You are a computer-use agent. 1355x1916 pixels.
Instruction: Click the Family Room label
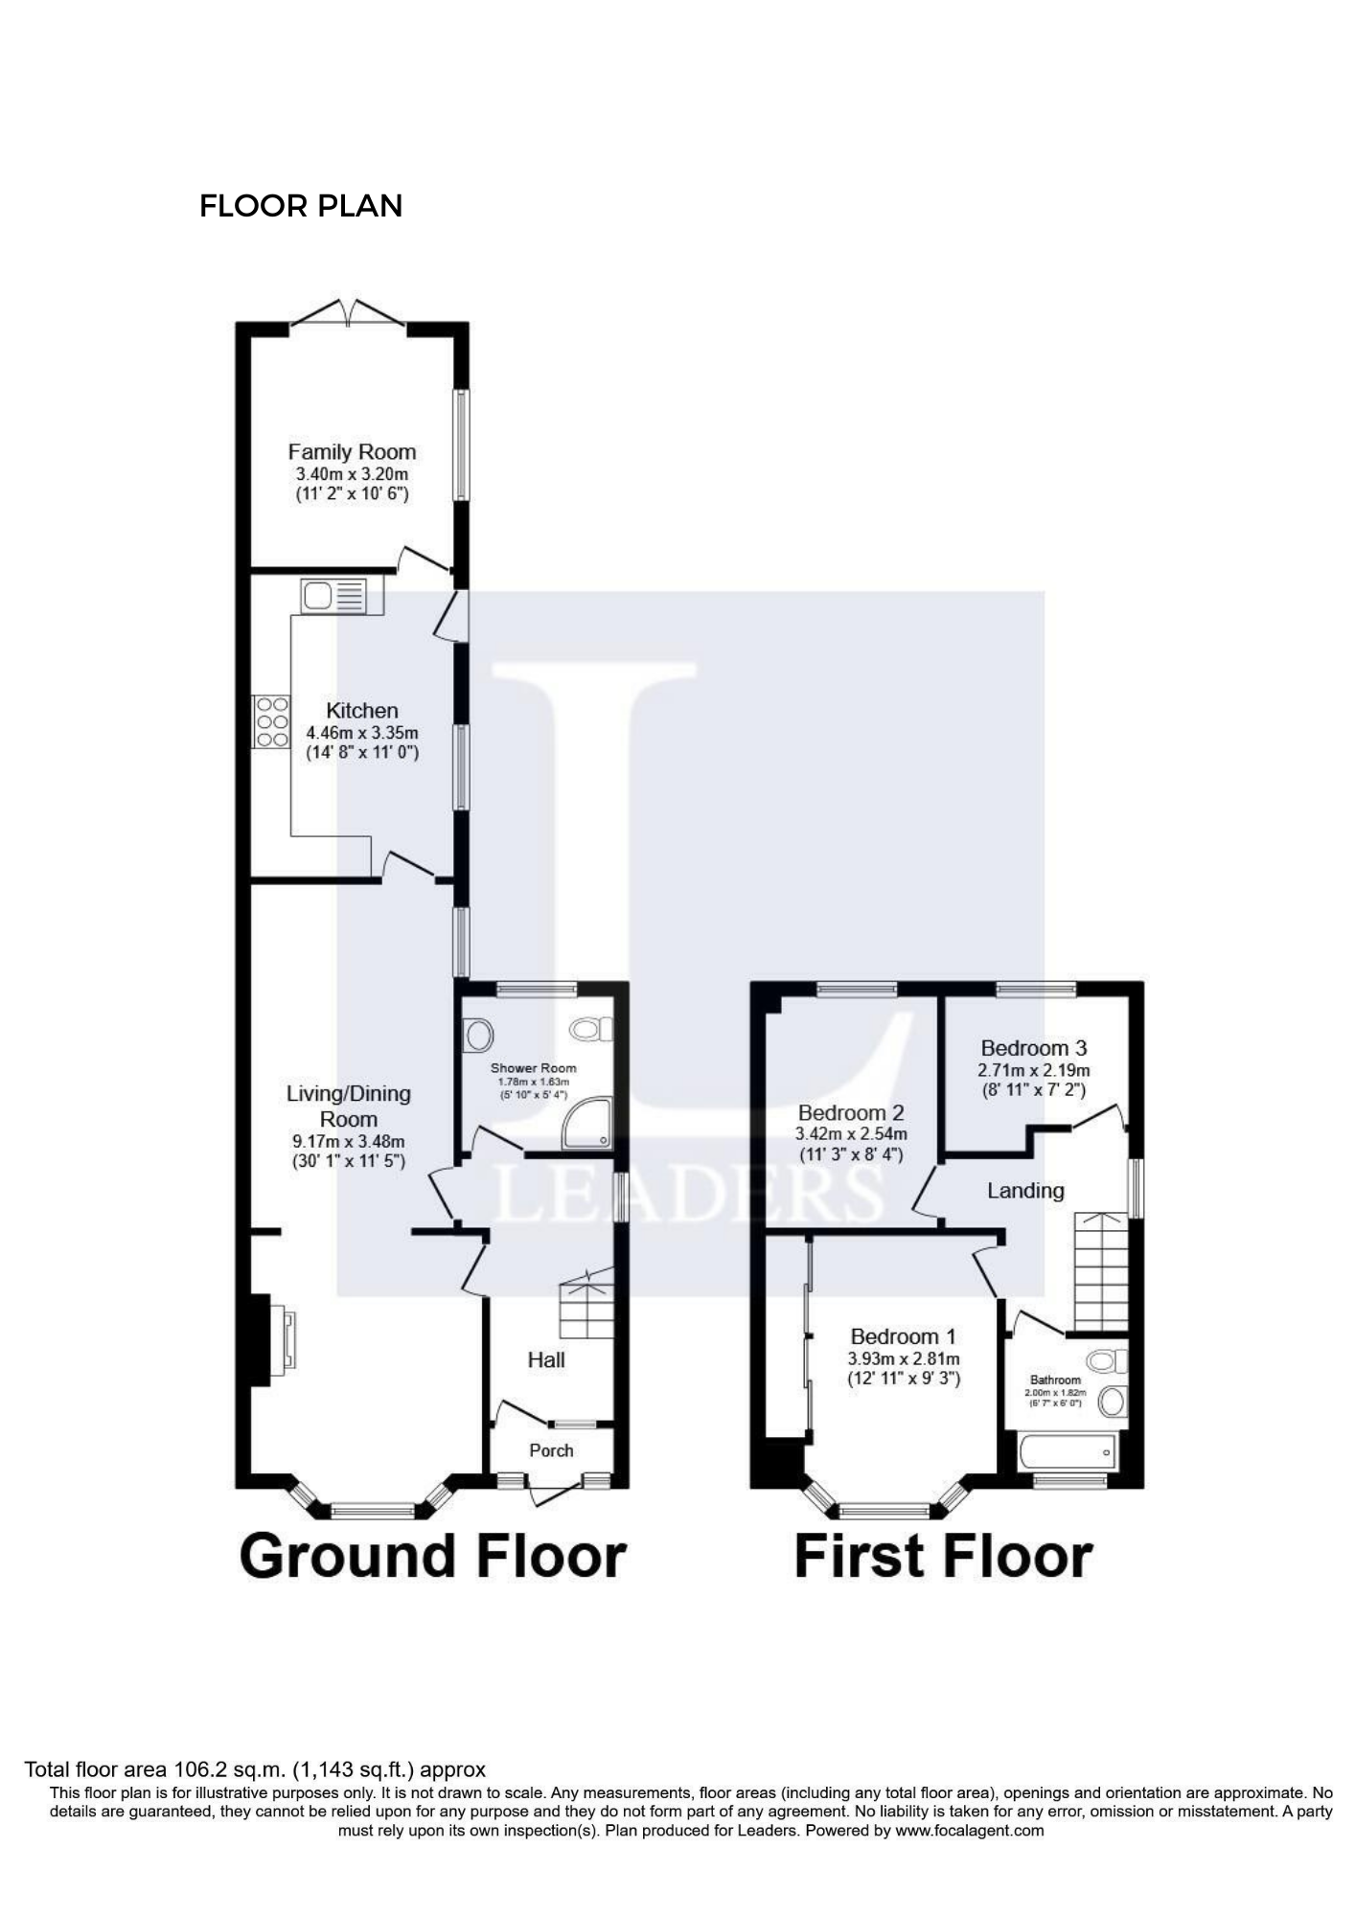(352, 452)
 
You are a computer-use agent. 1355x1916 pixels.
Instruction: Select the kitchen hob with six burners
(271, 721)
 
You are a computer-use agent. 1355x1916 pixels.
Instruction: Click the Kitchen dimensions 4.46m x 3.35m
(362, 733)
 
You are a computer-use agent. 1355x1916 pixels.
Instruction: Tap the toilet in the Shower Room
(591, 1030)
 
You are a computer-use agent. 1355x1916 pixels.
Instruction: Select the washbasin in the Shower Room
(477, 1035)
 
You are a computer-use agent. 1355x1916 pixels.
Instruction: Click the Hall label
(546, 1359)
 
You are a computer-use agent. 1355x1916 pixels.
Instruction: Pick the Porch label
(551, 1450)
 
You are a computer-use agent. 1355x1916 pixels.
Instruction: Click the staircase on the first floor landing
(1101, 1271)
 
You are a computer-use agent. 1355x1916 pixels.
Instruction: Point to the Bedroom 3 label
(1033, 1048)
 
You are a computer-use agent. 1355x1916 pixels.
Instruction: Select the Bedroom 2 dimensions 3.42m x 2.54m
(851, 1134)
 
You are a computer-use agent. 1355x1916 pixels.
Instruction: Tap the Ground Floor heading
(433, 1556)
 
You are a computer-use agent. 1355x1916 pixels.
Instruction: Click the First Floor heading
(943, 1556)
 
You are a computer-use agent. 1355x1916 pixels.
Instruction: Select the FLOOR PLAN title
(301, 206)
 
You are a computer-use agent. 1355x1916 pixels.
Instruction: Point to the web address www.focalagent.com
(970, 1831)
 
